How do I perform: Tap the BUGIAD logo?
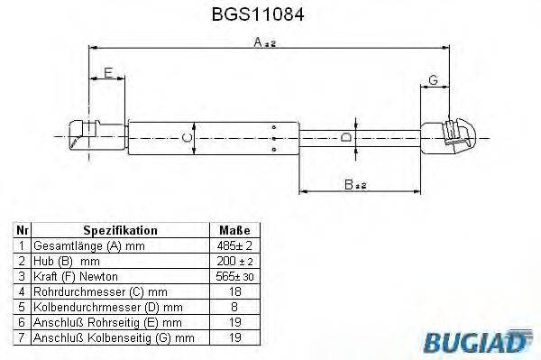point(486,341)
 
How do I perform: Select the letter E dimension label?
point(107,73)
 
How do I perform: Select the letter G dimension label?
point(434,80)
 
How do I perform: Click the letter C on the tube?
point(185,137)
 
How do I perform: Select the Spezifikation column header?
point(120,230)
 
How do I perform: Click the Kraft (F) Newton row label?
point(76,275)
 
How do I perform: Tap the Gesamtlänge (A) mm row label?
point(88,245)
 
